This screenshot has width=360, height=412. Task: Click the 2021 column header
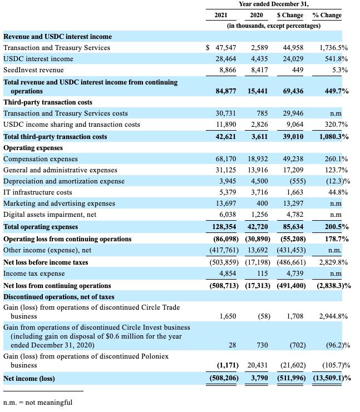tap(221, 15)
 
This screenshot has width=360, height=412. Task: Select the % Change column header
tap(327, 15)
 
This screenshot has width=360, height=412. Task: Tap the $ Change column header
tap(290, 15)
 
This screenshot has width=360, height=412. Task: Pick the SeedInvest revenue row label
tap(33, 70)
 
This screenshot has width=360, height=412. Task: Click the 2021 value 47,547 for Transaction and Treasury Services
tap(226, 48)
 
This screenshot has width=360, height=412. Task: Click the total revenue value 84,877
tap(226, 91)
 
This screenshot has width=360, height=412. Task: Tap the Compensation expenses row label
tap(41, 159)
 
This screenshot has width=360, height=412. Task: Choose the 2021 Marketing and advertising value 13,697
tap(226, 203)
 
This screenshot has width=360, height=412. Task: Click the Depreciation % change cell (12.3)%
tap(337, 181)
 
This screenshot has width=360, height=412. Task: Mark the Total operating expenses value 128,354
tap(224, 227)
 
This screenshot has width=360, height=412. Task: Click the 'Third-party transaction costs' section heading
tap(48, 102)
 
